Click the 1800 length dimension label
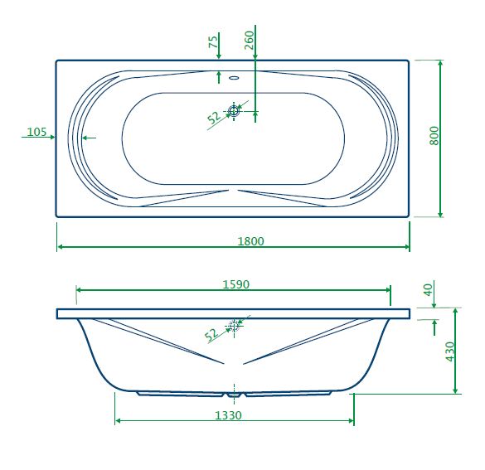click(250, 241)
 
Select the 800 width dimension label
click(434, 135)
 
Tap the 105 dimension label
click(36, 132)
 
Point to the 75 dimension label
click(213, 41)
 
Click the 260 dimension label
click(249, 40)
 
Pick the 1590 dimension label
click(236, 284)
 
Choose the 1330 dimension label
click(228, 415)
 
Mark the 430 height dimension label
click(450, 351)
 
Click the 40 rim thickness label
click(429, 290)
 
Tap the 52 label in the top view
click(214, 117)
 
